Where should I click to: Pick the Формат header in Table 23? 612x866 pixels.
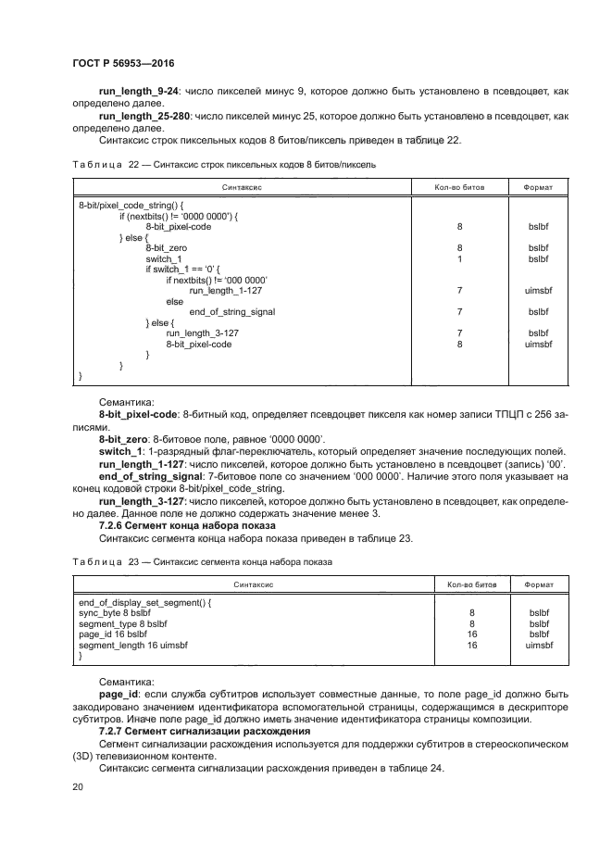[x=538, y=585]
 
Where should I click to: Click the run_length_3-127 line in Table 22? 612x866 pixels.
[x=202, y=333]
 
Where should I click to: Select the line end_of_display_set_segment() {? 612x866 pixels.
[x=145, y=602]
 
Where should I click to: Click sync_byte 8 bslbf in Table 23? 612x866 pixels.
[x=122, y=613]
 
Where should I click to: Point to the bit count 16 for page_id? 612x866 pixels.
[x=472, y=634]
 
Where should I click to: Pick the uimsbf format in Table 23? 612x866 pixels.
[x=538, y=646]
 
